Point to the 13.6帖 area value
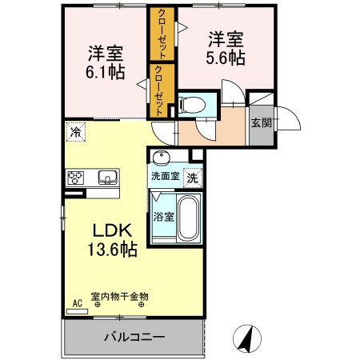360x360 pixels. [111, 250]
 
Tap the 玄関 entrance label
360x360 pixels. [260, 122]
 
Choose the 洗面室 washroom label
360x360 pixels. [166, 176]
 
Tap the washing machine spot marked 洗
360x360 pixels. [193, 176]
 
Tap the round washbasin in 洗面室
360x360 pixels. [162, 157]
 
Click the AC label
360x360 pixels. [78, 302]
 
